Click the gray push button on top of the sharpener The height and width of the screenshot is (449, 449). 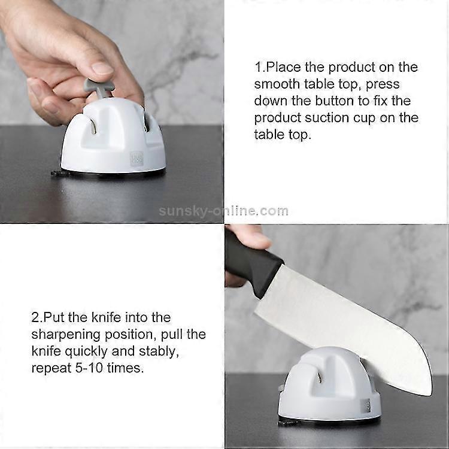[99, 88]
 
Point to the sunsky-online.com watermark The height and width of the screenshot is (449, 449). [223, 211]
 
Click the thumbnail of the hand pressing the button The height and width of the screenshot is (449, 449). [112, 111]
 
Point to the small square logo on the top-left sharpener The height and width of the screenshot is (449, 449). [136, 159]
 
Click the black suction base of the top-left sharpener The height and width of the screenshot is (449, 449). [109, 174]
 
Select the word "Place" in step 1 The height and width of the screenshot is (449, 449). [284, 67]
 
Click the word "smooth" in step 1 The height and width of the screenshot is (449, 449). [277, 84]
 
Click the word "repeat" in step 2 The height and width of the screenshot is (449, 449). [51, 368]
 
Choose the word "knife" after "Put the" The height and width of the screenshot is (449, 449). [106, 317]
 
